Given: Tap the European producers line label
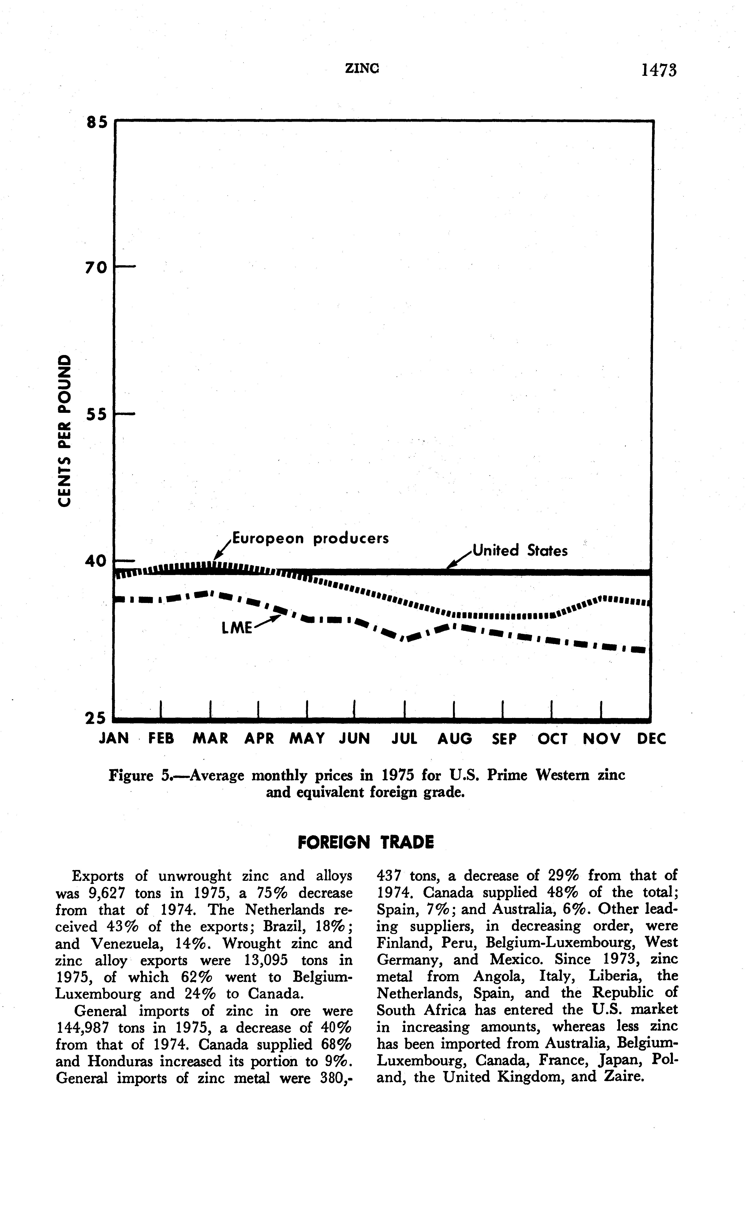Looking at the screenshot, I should click(x=310, y=538).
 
